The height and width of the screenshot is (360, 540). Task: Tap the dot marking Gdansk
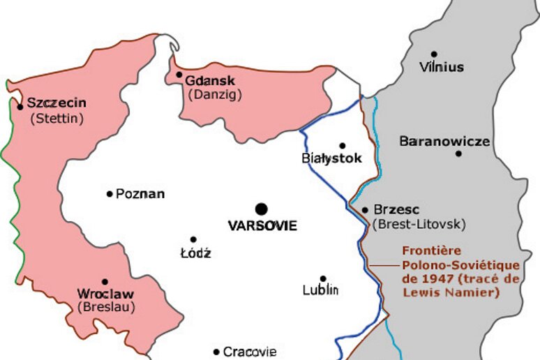179,75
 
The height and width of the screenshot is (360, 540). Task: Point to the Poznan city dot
110,193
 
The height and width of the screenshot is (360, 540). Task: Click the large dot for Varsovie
262,209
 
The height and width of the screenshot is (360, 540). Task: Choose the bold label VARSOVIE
263,226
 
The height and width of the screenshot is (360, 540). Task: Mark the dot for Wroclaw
105,282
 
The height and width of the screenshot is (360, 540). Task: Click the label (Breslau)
106,306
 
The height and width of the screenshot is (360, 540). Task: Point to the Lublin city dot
323,278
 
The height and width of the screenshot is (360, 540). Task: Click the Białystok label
332,158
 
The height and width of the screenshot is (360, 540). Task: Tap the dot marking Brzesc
365,209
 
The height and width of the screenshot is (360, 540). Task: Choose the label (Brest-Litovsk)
419,224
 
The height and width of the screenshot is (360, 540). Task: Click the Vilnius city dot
434,54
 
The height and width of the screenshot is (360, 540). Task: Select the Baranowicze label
444,142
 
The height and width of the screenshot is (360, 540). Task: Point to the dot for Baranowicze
458,153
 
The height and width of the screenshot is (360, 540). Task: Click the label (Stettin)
57,119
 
